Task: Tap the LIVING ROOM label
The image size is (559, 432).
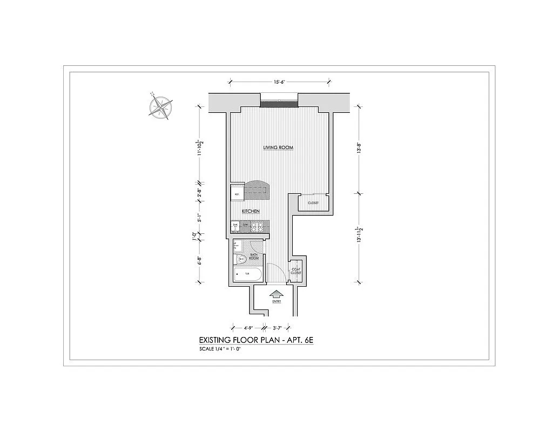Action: (x=278, y=147)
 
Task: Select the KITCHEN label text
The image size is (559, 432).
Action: (x=251, y=211)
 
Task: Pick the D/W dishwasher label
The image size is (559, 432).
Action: (x=245, y=225)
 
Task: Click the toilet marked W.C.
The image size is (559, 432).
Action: (x=241, y=260)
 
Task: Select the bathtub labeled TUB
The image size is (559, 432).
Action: (x=248, y=275)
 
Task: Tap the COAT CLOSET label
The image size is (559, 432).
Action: (x=296, y=271)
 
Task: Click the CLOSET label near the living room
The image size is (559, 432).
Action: (x=313, y=203)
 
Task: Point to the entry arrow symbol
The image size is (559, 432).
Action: (x=277, y=295)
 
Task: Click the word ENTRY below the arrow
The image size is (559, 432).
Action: (x=277, y=302)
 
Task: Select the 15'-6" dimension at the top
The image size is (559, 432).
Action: (x=279, y=82)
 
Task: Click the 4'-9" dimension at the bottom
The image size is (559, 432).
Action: (x=248, y=327)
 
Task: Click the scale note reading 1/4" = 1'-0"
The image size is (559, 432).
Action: (x=220, y=349)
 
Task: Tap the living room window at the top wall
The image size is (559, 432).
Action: (x=279, y=103)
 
